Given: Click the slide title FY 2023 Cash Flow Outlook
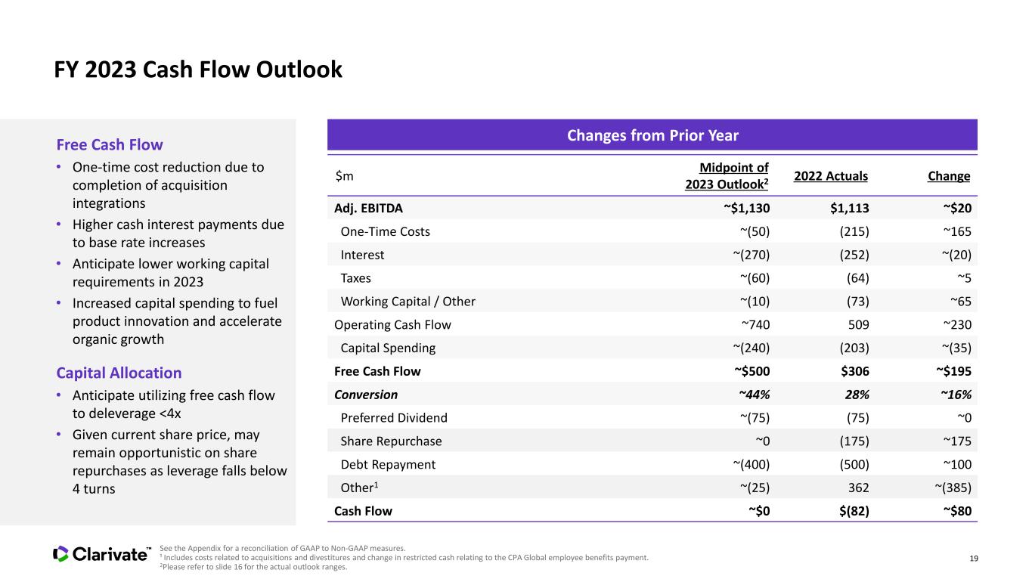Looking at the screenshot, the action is coord(198,70).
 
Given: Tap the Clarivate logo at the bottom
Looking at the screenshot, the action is coord(102,554).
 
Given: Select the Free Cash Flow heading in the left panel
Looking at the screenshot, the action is coord(110,144).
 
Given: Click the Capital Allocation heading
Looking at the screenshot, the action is coord(119,373).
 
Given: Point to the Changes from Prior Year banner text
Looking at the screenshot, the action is coord(652,135).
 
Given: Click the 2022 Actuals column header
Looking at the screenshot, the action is coord(831,176).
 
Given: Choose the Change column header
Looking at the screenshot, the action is coord(949,176).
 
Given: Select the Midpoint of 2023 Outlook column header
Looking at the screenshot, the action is coord(727,176).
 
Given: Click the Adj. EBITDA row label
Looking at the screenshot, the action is coord(369,208).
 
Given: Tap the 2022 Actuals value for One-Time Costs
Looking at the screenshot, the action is coord(854,231).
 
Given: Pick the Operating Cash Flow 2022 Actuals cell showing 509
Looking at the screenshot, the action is coord(859,325).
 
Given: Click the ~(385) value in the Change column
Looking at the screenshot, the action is coord(953,488).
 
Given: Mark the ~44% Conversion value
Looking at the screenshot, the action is coord(755,395).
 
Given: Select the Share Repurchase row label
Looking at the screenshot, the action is coord(391,441).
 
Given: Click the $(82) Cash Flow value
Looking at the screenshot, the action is coord(854,511).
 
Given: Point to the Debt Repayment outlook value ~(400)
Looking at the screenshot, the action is coord(752,464).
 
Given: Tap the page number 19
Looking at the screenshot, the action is coord(974,559).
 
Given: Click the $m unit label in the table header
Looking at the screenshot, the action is coord(344,176).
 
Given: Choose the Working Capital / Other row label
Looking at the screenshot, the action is coord(408,302).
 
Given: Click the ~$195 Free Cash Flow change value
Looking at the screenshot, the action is coord(953,371).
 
